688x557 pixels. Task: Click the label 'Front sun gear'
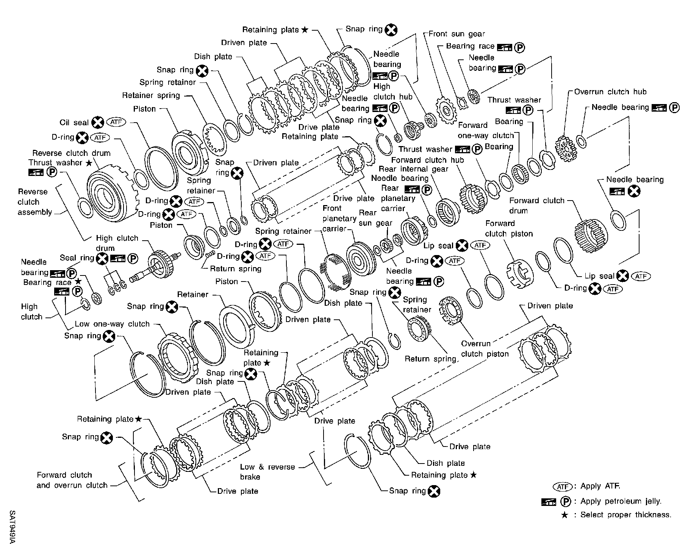(x=457, y=34)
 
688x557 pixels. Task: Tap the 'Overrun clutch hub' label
(x=610, y=92)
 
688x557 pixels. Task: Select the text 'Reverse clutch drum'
(x=71, y=153)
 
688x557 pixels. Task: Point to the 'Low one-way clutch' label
(x=112, y=324)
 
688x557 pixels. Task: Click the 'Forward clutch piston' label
(x=508, y=229)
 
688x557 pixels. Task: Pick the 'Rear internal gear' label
(x=413, y=169)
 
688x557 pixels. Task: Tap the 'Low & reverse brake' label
(x=267, y=472)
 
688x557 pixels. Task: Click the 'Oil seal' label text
(x=74, y=123)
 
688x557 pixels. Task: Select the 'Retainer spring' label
(x=151, y=95)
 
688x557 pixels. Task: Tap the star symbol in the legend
(x=564, y=515)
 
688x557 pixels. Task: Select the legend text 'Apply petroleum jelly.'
(x=621, y=501)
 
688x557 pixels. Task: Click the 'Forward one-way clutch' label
(x=486, y=131)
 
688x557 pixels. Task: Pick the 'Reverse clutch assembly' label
(x=34, y=202)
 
